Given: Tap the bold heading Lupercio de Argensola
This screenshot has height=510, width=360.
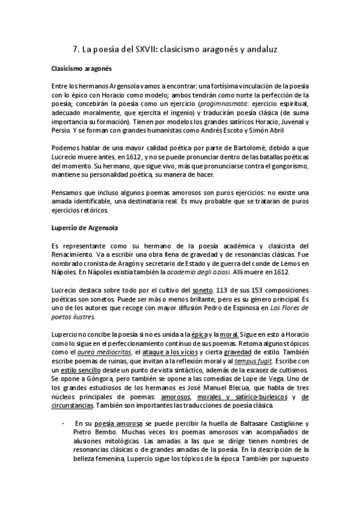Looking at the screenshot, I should (x=85, y=229).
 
